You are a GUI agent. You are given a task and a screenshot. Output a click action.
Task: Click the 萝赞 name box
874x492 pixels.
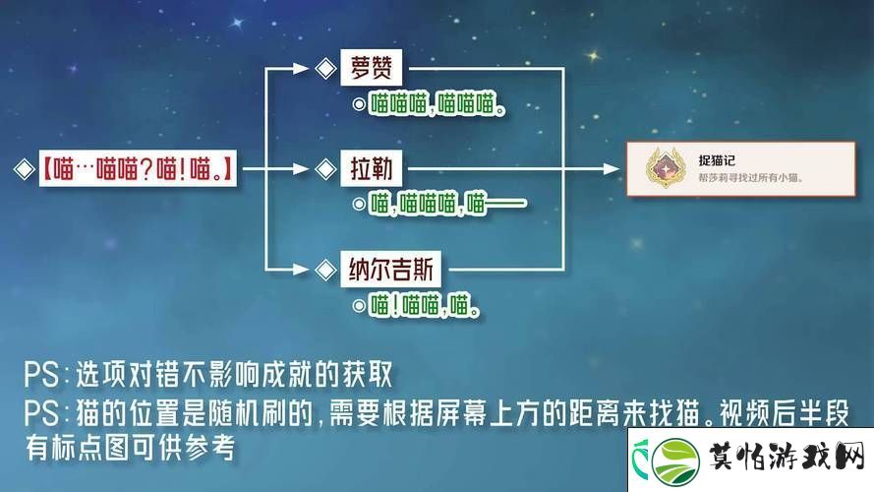coord(371,68)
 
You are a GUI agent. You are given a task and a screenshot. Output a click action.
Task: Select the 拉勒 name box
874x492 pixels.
coord(371,168)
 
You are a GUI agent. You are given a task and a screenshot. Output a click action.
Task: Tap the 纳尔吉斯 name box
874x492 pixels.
coord(390,270)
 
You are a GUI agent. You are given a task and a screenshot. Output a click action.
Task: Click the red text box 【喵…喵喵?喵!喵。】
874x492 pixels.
coord(138,168)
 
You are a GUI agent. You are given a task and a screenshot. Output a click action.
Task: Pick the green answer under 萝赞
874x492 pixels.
coord(437,104)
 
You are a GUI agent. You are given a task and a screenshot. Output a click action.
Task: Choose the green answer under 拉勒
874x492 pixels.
coord(447,204)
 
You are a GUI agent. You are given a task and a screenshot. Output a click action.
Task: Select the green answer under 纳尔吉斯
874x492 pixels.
coord(424,305)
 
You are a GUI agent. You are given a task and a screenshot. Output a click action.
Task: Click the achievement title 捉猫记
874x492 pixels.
coord(717,160)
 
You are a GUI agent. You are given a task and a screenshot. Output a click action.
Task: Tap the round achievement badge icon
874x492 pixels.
coord(666,167)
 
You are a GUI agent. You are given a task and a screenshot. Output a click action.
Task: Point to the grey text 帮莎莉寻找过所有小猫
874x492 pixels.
coord(750,178)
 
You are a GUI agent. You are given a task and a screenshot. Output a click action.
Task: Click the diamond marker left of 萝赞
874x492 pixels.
coord(325,69)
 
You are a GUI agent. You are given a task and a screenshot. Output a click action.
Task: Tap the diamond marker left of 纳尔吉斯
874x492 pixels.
coord(325,270)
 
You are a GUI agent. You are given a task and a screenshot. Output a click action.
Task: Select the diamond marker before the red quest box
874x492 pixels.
coord(24,169)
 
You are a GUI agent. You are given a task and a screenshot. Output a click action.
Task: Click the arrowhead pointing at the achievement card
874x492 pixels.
coord(612,168)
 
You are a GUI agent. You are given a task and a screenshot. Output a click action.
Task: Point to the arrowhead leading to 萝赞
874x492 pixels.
coord(301,69)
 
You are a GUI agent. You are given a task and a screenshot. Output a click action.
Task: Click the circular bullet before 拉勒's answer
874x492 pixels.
coord(360,204)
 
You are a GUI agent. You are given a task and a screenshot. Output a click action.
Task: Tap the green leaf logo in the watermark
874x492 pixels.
coord(676,461)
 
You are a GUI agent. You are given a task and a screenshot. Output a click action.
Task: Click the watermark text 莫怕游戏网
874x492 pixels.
coord(787,458)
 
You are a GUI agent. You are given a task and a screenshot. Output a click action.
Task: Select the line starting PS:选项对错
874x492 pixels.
coord(207,374)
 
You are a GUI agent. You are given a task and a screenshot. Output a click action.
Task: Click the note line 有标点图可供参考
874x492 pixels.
coord(130,448)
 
